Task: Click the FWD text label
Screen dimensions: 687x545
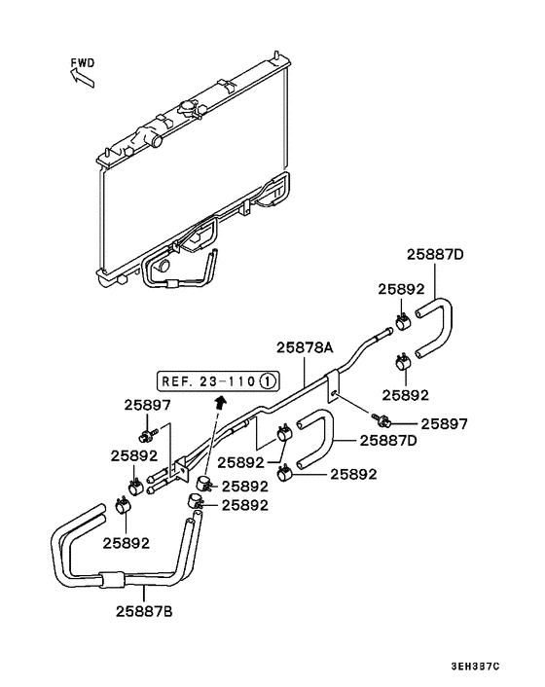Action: pyautogui.click(x=83, y=63)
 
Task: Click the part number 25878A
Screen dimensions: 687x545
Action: pyautogui.click(x=305, y=347)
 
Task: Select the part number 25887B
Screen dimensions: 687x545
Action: pyautogui.click(x=145, y=612)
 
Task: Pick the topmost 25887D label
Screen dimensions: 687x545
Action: pyautogui.click(x=435, y=256)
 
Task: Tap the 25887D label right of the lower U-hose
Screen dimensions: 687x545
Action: pyautogui.click(x=389, y=440)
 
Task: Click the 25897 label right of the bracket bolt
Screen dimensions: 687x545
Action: pyautogui.click(x=443, y=424)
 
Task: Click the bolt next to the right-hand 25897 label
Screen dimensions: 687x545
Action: pyautogui.click(x=383, y=420)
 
